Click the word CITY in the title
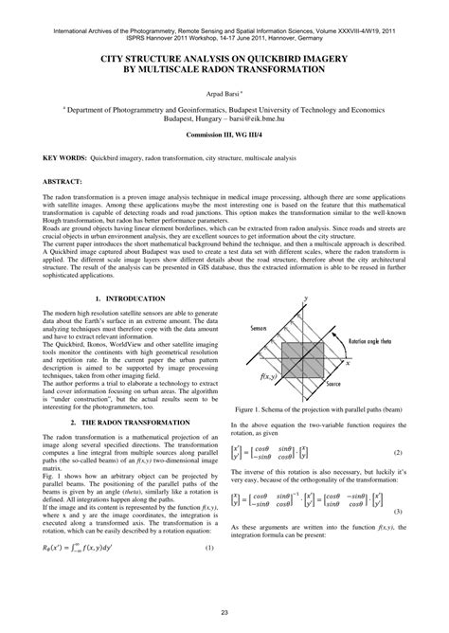pyautogui.click(x=115, y=58)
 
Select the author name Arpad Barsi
pyautogui.click(x=223, y=95)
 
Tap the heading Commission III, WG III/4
pyautogui.click(x=224, y=137)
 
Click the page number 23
pyautogui.click(x=224, y=617)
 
